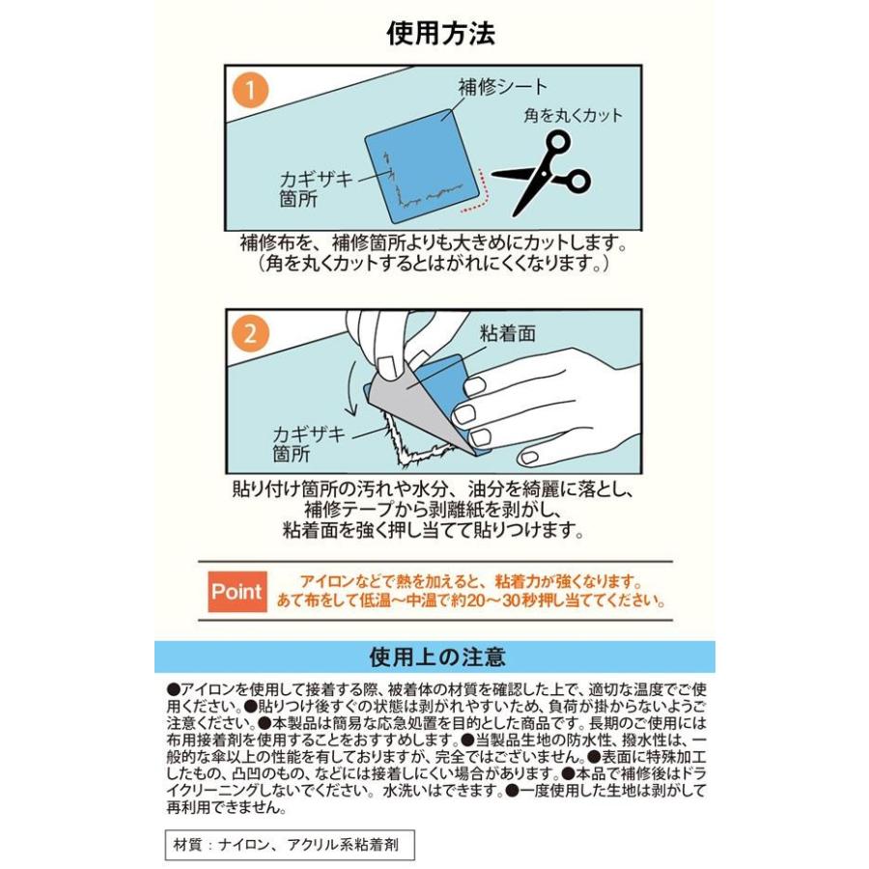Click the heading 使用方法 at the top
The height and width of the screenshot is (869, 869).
440,33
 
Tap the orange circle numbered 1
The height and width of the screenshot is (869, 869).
250,90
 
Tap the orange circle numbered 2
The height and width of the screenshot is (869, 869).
250,334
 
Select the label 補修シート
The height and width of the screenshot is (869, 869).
503,87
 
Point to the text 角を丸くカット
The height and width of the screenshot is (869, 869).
573,115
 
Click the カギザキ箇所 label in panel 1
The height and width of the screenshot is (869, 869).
316,189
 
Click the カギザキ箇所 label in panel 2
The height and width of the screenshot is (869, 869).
309,443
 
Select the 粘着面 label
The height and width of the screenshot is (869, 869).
508,333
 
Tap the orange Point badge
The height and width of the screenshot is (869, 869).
238,591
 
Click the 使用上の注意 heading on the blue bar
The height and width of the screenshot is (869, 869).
437,657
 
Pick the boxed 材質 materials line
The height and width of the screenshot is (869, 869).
290,845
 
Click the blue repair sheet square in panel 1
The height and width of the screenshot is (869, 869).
421,166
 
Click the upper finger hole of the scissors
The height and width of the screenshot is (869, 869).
557,141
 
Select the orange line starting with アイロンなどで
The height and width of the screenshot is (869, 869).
471,581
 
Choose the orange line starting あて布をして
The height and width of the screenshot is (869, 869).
470,601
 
